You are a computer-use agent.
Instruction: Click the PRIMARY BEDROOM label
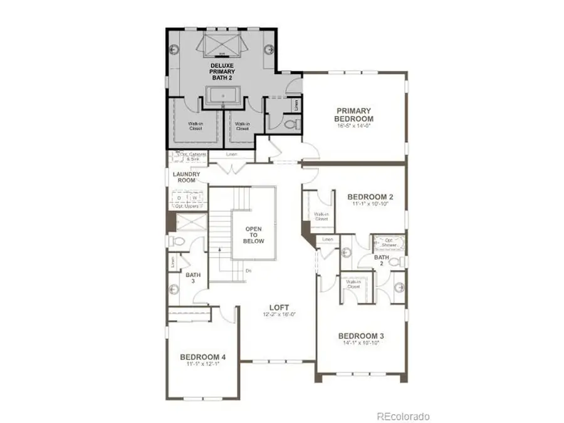click(x=353, y=115)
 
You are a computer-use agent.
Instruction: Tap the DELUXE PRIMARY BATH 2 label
click(x=222, y=72)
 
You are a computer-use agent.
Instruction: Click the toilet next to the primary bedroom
click(x=290, y=125)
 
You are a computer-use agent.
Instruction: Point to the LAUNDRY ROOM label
click(x=187, y=177)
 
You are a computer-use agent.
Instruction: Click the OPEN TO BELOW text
click(x=254, y=234)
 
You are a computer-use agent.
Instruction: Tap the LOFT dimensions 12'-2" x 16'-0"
click(x=279, y=315)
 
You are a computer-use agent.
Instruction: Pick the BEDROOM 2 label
click(x=370, y=197)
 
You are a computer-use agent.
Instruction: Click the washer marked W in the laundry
click(x=194, y=198)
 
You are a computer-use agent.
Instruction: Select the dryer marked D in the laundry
click(x=179, y=198)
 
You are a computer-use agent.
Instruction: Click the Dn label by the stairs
click(x=249, y=271)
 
